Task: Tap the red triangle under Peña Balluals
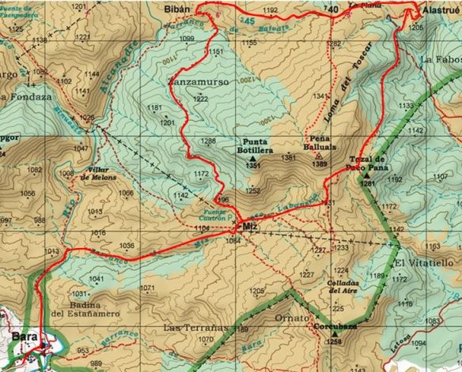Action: point(319,155)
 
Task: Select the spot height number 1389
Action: point(320,164)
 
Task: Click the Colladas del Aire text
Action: point(343,285)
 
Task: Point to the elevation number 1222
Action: point(201,99)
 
